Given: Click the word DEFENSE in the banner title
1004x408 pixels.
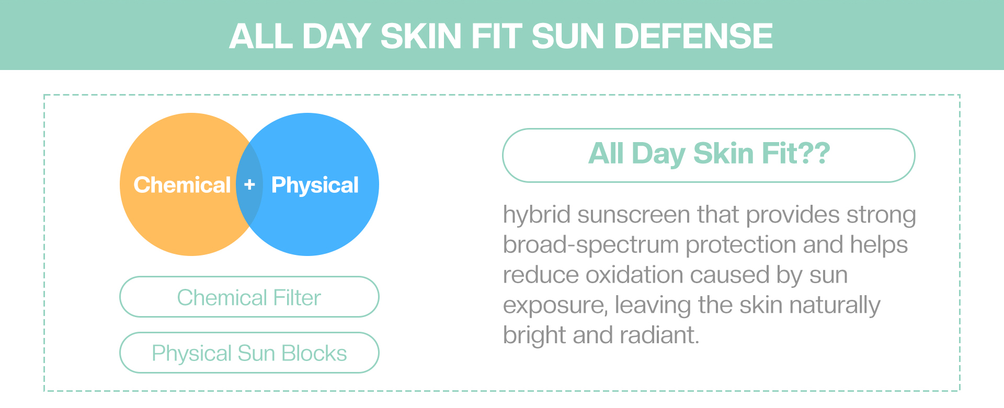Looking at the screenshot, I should (693, 37).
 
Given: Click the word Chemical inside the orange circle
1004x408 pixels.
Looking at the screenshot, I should (182, 185).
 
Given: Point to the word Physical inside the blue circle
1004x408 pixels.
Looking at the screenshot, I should (315, 185).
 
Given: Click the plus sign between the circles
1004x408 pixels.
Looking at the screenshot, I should (249, 184).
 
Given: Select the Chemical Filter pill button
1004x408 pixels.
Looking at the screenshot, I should (249, 297).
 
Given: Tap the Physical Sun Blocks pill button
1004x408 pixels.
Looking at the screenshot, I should (249, 353).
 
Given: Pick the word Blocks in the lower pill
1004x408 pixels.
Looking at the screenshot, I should (314, 354).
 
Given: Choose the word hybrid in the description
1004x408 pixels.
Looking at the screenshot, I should (536, 215).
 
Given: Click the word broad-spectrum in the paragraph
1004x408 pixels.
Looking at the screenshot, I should (591, 245).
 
